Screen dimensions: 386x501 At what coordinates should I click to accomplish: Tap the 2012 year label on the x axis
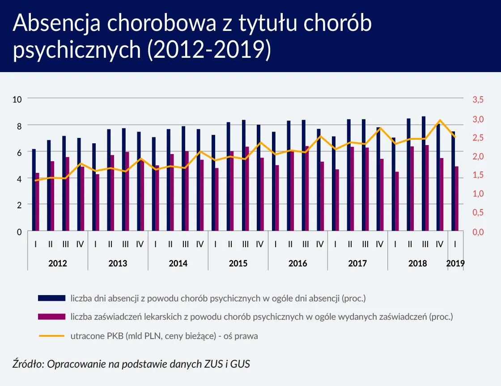[x=58, y=263]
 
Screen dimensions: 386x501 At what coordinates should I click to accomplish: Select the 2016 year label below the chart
[x=297, y=263]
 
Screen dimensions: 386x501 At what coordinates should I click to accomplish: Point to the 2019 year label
[x=455, y=263]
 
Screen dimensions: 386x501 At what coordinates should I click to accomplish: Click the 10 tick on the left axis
[x=17, y=99]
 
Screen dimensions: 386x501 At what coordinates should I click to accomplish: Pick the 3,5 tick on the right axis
[x=479, y=99]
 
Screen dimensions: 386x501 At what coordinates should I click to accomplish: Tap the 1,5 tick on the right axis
[x=479, y=175]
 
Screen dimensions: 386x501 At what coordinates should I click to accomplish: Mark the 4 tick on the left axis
[x=19, y=179]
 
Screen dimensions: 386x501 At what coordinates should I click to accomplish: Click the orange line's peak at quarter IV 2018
[x=440, y=120]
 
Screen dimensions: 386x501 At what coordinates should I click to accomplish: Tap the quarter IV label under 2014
[x=200, y=244]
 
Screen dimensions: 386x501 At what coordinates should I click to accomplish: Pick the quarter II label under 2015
[x=230, y=244]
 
